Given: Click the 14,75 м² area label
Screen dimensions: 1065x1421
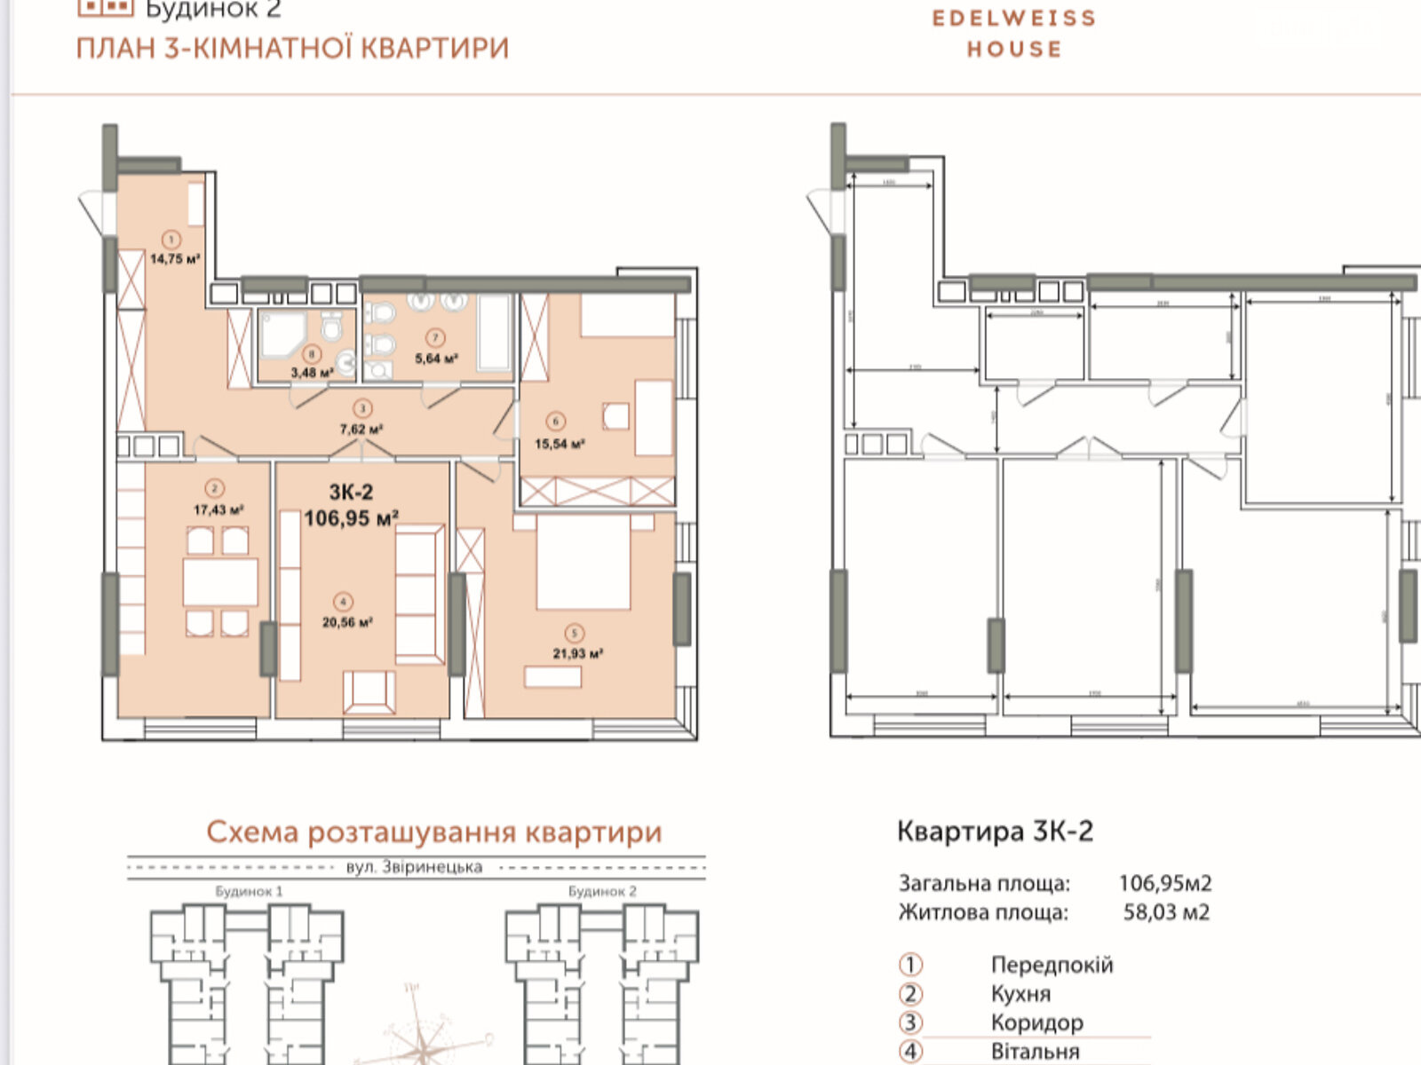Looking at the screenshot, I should (x=175, y=259).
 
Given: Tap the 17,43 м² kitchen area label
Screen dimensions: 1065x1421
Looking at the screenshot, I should (x=218, y=510).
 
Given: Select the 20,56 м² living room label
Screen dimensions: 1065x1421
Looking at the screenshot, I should (x=346, y=622).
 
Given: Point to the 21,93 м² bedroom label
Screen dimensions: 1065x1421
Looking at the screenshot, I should (x=577, y=653).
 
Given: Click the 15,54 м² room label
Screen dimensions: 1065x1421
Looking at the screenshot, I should (x=559, y=444).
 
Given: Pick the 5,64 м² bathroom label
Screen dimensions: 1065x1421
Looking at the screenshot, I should (x=436, y=359).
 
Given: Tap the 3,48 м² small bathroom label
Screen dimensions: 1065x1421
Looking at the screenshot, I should (x=312, y=373).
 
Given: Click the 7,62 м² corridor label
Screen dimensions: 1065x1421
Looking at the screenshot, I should (x=361, y=430).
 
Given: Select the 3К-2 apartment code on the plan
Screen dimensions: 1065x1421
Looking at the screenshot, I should (x=351, y=493).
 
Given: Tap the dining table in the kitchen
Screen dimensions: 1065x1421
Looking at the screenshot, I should (x=220, y=581).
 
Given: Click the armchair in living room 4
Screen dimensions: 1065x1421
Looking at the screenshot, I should (x=369, y=691).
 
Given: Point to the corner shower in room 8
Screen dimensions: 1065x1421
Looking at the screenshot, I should (x=282, y=335).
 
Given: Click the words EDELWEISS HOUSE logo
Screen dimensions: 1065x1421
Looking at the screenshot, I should (x=1013, y=33).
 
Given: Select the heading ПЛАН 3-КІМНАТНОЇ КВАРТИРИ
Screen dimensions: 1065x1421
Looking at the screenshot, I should (x=292, y=48).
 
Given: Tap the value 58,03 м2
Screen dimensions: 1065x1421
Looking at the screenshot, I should (x=1165, y=912).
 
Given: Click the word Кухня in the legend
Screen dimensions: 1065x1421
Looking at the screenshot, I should (x=1020, y=994).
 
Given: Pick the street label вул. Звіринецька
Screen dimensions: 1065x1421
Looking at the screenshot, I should (x=414, y=867).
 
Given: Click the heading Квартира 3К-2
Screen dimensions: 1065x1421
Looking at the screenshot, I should (x=995, y=832).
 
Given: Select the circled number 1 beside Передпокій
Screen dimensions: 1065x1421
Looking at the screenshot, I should (x=910, y=965).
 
